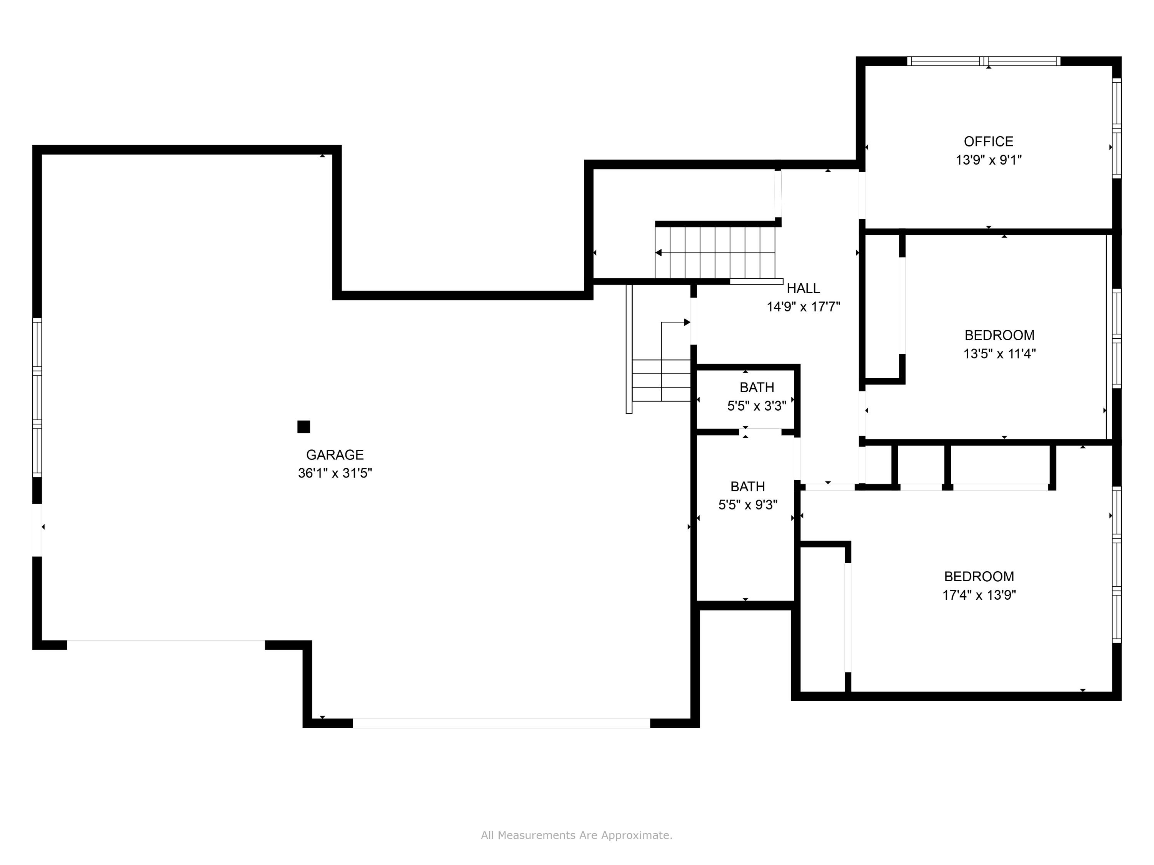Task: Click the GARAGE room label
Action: click(334, 455)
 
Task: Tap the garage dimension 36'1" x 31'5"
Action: click(334, 473)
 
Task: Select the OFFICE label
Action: click(988, 141)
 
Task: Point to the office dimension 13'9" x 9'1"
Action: click(988, 160)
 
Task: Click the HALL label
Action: click(803, 288)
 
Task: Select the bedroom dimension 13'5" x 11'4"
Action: click(999, 354)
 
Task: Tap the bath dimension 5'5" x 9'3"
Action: click(747, 505)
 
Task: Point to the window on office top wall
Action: click(984, 61)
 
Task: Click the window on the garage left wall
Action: click(37, 397)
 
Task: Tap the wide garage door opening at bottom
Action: click(501, 723)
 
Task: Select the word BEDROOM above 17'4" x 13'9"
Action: click(979, 577)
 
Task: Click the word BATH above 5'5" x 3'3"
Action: click(757, 388)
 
